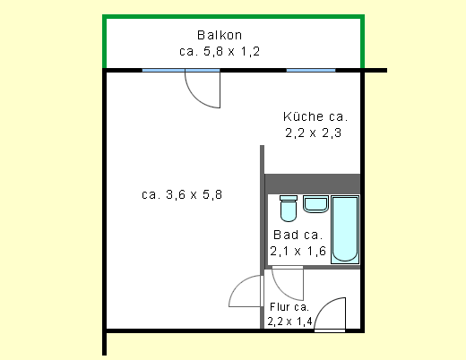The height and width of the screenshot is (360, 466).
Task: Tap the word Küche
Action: [x=303, y=116]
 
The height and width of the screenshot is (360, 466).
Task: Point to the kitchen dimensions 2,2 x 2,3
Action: [x=315, y=133]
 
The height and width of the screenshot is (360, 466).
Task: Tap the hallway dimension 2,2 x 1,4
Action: [x=290, y=321]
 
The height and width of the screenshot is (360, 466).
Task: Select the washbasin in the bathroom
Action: [x=315, y=205]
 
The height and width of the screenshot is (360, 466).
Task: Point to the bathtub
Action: [x=344, y=230]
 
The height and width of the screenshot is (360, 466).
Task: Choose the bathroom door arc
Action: [x=289, y=285]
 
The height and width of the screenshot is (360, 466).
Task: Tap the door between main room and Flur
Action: [x=245, y=293]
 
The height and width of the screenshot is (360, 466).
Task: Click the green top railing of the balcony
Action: [x=233, y=16]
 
